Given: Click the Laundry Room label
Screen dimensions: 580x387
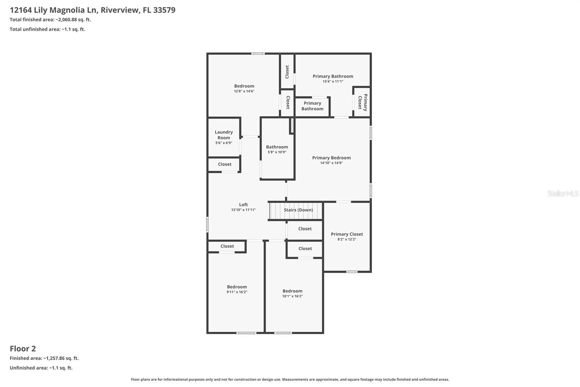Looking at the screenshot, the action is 224,135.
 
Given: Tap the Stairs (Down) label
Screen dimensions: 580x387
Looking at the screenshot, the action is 298,210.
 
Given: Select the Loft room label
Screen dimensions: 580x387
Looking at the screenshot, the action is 243,204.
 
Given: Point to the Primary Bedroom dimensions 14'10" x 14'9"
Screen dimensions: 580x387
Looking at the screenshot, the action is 331,163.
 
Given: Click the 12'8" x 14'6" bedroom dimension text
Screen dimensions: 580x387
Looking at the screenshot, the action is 244,91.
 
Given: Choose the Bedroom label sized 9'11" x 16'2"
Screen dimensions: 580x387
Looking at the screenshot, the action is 237,286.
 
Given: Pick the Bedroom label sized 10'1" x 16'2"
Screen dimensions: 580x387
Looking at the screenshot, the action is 292,291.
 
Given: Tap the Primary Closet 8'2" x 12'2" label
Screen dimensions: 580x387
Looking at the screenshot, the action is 347,236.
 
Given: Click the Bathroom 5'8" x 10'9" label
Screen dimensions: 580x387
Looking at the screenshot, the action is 277,149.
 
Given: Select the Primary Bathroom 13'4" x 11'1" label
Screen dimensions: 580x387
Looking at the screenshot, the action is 333,78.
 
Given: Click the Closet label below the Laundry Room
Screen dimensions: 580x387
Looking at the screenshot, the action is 225,164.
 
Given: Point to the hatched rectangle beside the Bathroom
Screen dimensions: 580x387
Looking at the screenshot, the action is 292,126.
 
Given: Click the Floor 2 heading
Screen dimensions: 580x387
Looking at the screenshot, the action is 23,349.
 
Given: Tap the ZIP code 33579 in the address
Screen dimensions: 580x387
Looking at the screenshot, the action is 164,10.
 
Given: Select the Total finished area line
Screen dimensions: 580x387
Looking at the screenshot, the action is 50,20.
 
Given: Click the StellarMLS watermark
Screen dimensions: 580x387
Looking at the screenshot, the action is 563,193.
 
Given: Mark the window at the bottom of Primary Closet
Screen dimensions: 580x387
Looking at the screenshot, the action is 352,272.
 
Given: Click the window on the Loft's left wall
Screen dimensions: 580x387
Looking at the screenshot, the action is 207,225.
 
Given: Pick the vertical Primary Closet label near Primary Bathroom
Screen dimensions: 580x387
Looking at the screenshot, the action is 362,102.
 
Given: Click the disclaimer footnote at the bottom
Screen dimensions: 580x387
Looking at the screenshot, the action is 290,379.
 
